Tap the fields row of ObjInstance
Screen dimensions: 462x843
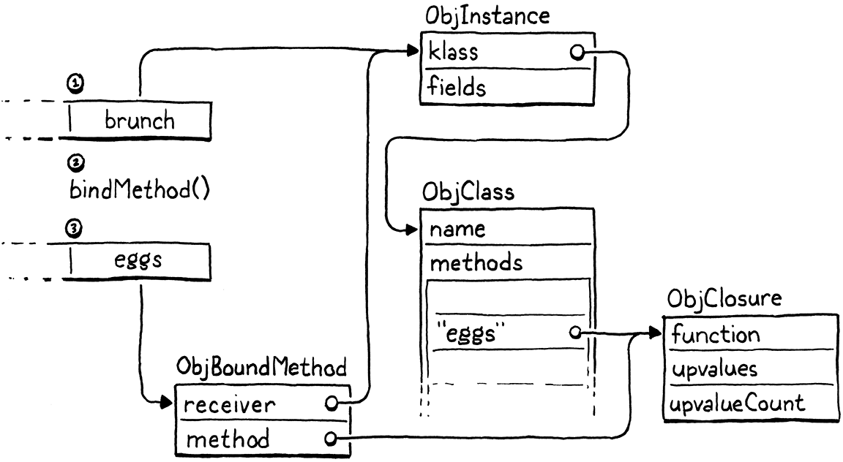[458, 87]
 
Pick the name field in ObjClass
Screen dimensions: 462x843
[457, 229]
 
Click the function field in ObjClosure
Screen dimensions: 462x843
[716, 335]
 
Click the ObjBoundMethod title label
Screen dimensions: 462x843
[261, 368]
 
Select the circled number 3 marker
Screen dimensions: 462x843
[74, 228]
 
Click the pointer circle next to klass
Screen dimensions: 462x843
[576, 52]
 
